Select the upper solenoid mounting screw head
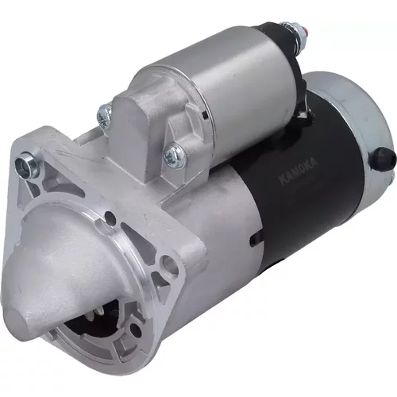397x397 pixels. pos(105,114)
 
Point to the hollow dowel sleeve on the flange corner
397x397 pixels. pos(27,165)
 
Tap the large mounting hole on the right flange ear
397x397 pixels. pos(168,264)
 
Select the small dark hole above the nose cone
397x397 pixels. pos(110,218)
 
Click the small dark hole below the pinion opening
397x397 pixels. pos(136,329)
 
